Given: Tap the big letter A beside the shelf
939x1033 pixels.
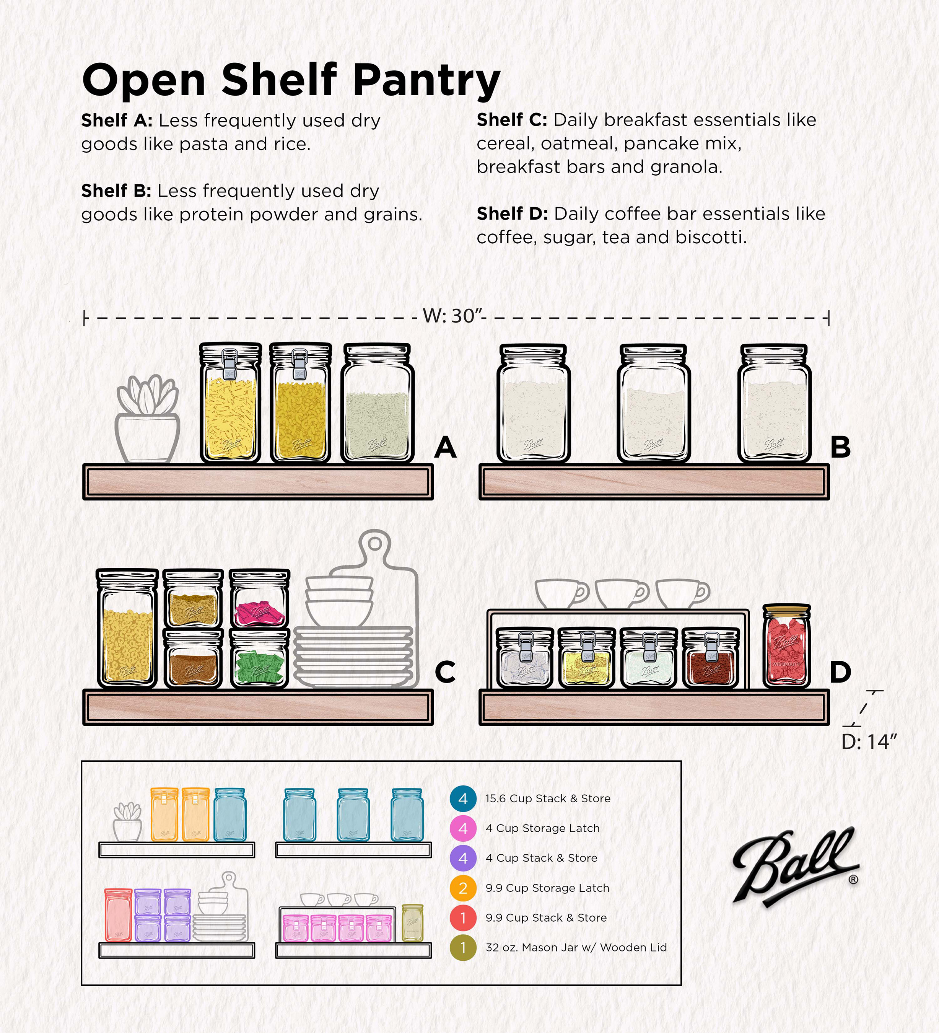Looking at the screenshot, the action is (445, 447).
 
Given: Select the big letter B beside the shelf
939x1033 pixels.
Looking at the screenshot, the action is (840, 447).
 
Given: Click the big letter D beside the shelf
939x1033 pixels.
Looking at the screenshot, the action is (840, 672).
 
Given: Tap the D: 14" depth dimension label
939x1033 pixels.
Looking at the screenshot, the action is (869, 741).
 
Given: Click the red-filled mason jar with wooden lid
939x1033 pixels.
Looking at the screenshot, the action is (786, 646).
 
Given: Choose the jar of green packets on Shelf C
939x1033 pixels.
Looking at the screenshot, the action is (260, 658).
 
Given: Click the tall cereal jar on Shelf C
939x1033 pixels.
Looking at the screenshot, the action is (127, 628).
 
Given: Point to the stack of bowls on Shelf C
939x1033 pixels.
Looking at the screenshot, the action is (339, 602).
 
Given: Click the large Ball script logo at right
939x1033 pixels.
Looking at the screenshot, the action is (796, 868).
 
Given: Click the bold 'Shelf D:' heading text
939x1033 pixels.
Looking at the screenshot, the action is (512, 213).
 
